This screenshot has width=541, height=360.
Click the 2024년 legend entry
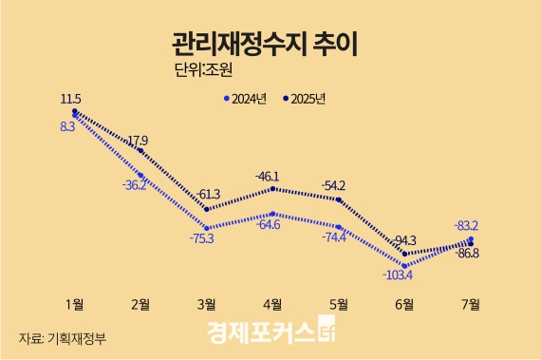click(246, 98)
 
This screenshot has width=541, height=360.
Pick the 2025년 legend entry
click(305, 98)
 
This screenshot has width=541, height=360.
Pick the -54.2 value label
click(334, 185)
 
